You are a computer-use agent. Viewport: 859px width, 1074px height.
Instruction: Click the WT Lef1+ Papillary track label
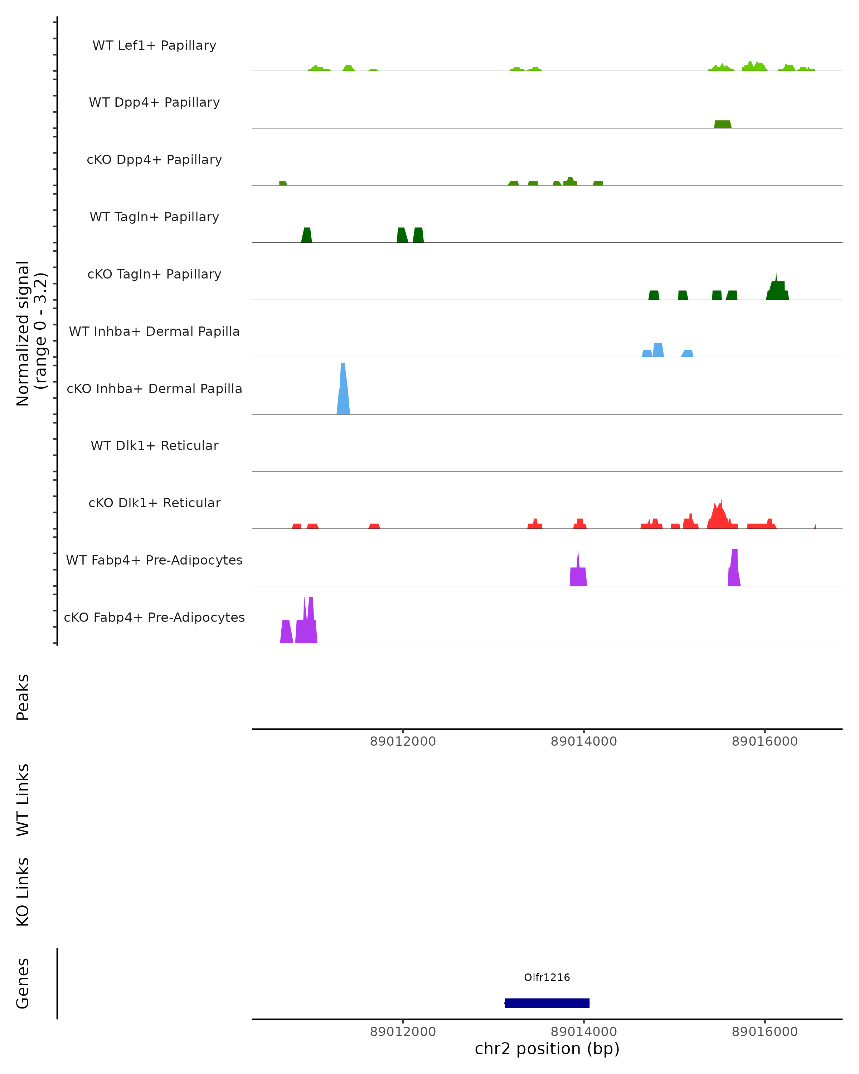(154, 45)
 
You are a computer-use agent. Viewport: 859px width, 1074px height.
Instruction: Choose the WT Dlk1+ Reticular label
(154, 445)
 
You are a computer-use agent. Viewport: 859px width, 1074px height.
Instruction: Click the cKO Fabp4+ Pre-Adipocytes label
(154, 617)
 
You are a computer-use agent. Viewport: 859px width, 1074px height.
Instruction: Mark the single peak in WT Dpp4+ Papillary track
(723, 124)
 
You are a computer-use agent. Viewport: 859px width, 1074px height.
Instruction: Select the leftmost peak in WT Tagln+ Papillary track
(307, 236)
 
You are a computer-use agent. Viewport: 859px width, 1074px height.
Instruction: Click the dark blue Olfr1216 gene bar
(547, 1003)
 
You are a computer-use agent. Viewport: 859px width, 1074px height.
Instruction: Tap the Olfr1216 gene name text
(547, 977)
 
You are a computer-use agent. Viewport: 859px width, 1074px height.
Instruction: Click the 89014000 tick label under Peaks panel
(584, 741)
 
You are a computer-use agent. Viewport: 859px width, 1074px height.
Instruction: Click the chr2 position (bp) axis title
(547, 1049)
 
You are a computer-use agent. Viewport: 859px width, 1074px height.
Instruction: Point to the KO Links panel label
(23, 892)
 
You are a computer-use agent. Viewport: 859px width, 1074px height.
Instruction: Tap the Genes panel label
(23, 983)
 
